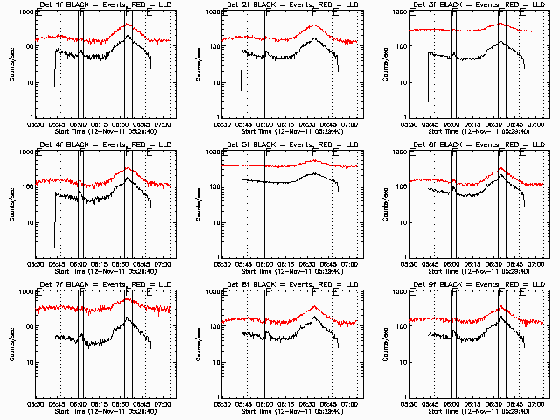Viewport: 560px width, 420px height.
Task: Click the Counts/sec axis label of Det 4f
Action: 11,204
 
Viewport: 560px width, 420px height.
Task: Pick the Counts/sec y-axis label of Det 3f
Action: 385,64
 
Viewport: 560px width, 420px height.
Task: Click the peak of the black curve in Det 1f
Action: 128,36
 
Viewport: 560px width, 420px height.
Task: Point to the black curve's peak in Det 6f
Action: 501,174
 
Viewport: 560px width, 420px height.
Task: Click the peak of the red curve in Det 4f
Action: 128,167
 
